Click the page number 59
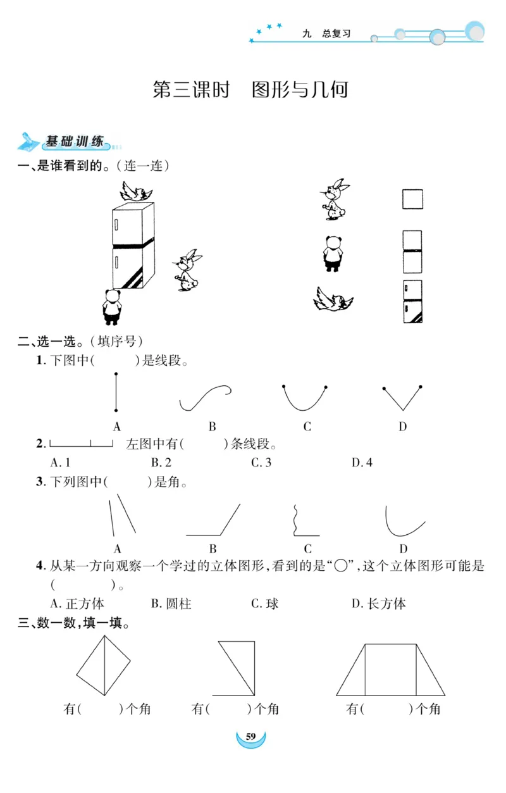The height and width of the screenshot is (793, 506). click(x=250, y=737)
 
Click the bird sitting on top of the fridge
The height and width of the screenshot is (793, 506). click(x=137, y=191)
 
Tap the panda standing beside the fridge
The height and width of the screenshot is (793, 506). click(x=113, y=306)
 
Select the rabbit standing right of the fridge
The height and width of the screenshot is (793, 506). click(x=187, y=270)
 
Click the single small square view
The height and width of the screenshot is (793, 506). click(x=412, y=199)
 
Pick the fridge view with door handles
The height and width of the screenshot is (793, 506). click(x=412, y=301)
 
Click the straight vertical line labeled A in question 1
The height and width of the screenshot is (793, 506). click(x=116, y=392)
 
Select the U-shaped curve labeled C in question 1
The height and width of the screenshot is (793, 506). click(x=305, y=399)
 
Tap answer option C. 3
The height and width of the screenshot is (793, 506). click(x=261, y=463)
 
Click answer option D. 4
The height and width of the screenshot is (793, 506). click(x=362, y=463)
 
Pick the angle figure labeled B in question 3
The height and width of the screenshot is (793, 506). click(x=213, y=520)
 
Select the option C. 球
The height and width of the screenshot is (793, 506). click(x=265, y=604)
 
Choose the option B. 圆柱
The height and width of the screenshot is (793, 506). click(x=171, y=604)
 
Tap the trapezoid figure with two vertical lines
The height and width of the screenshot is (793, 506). click(x=390, y=670)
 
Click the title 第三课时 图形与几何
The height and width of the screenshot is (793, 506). click(x=250, y=90)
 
